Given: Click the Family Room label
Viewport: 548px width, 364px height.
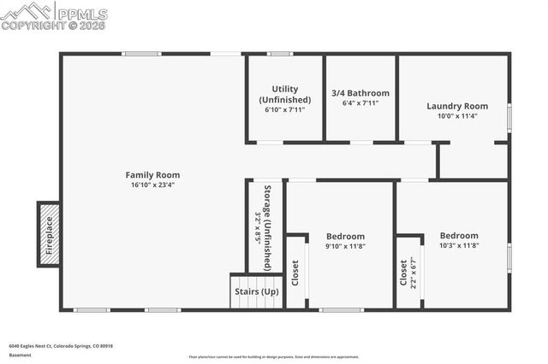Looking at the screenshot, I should [152, 174].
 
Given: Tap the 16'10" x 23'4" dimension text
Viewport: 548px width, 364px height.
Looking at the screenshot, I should [152, 185].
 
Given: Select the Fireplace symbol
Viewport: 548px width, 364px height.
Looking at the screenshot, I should [49, 232].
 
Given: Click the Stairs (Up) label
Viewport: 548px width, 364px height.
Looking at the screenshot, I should [257, 291].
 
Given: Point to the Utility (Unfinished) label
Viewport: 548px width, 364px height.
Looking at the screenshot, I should [285, 94].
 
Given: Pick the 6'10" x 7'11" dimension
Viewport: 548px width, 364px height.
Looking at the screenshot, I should [285, 109].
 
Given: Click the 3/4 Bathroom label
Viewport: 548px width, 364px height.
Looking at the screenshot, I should [360, 93].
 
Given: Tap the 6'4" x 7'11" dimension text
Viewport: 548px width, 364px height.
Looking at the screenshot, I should [360, 103].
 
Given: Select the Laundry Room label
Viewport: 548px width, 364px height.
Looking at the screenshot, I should [457, 106].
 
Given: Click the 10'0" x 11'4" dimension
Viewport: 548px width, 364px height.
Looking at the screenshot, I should [457, 116].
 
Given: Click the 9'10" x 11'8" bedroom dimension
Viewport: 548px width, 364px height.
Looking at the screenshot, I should [345, 246].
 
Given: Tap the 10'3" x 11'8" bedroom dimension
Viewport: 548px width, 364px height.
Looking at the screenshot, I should [459, 245].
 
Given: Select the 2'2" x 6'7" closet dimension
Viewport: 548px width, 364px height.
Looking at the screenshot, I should [414, 272].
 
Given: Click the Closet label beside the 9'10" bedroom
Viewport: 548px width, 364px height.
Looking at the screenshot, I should [295, 273].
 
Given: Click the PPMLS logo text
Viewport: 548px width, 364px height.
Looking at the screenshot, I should [82, 14].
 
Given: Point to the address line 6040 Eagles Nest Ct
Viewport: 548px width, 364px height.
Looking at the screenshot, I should [61, 346].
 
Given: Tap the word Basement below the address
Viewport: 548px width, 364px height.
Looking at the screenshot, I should [20, 355].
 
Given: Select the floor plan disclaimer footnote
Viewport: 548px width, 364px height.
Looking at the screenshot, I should [274, 357].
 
